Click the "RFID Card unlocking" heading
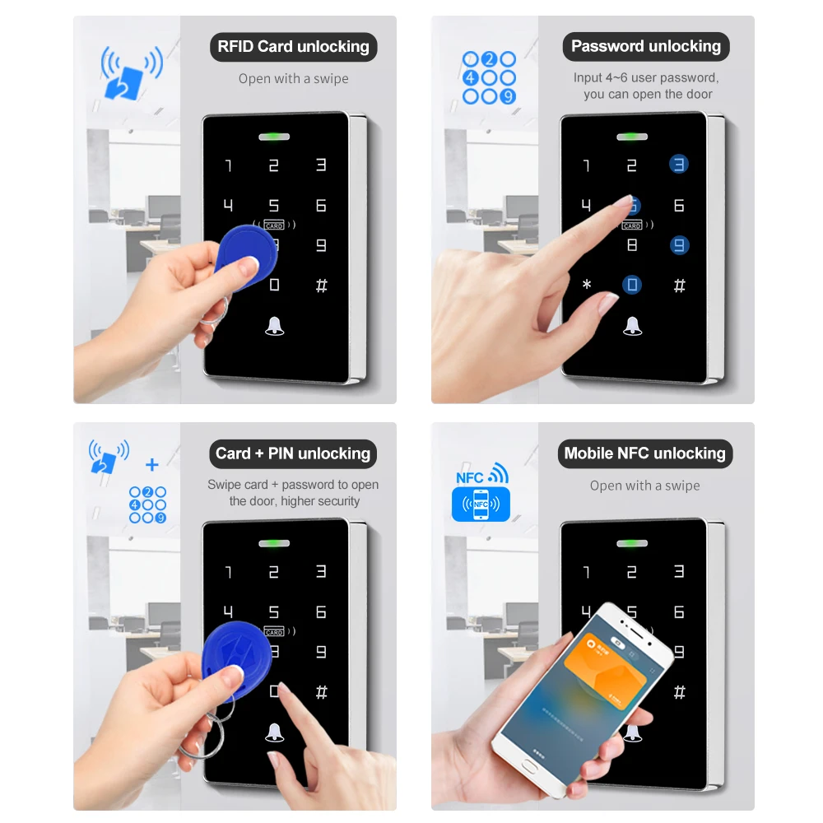click(293, 47)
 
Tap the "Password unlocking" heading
click(645, 47)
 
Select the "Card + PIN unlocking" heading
click(293, 453)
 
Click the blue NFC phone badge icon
click(481, 504)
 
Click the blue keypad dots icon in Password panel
click(489, 78)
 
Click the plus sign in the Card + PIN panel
click(151, 466)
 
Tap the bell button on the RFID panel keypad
click(274, 326)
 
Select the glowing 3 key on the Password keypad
click(678, 165)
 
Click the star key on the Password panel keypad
click(587, 286)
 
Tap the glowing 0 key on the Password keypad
click(632, 286)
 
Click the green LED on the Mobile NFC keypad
click(632, 542)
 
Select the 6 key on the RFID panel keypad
click(321, 205)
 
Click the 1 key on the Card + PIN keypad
click(229, 572)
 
